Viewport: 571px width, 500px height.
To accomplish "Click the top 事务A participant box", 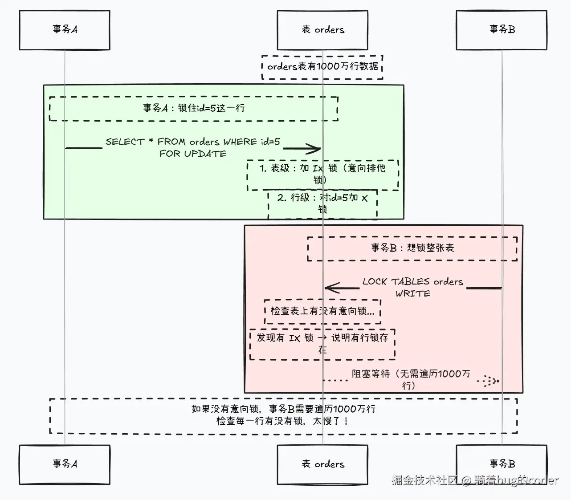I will (x=65, y=30).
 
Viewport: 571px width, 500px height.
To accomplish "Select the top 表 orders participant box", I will (x=322, y=30).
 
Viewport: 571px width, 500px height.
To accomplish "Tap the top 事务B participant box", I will (x=502, y=30).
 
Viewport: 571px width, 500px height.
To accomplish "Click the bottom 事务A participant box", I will (x=65, y=464).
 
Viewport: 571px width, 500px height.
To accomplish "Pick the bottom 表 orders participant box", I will (x=322, y=464).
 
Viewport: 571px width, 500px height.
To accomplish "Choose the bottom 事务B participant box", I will (x=502, y=464).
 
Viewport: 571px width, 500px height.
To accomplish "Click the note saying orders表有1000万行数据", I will (x=322, y=67).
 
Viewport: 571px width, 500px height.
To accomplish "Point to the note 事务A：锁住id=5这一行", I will (x=193, y=108).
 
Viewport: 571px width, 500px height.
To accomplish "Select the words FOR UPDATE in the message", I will (x=193, y=154).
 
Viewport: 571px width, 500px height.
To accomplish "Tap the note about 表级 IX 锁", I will (x=322, y=174).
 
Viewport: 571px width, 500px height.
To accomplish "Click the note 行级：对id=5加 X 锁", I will (x=322, y=203).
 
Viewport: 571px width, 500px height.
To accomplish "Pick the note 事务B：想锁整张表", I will (x=412, y=248).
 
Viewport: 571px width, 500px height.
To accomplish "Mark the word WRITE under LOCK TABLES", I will (x=413, y=294).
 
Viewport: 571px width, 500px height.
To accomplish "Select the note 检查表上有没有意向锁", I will (x=322, y=311).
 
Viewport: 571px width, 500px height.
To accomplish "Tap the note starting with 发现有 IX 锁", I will (x=322, y=343).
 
